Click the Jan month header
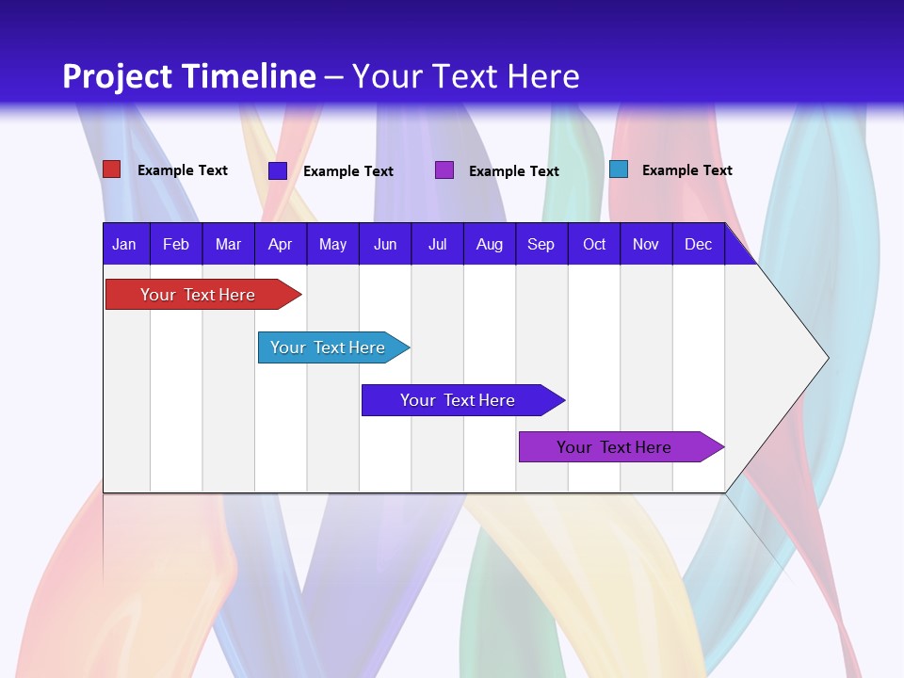click(124, 244)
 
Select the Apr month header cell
click(280, 244)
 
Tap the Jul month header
click(437, 244)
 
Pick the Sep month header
click(541, 244)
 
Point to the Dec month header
click(698, 244)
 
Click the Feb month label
click(176, 244)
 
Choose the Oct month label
click(594, 244)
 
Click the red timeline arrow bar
click(198, 295)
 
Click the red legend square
click(112, 169)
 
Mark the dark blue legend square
click(278, 170)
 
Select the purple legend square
click(444, 170)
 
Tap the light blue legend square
click(619, 169)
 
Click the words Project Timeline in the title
click(188, 76)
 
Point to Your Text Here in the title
click(465, 76)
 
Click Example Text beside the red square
click(183, 170)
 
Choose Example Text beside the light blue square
click(686, 170)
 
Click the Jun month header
click(385, 244)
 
